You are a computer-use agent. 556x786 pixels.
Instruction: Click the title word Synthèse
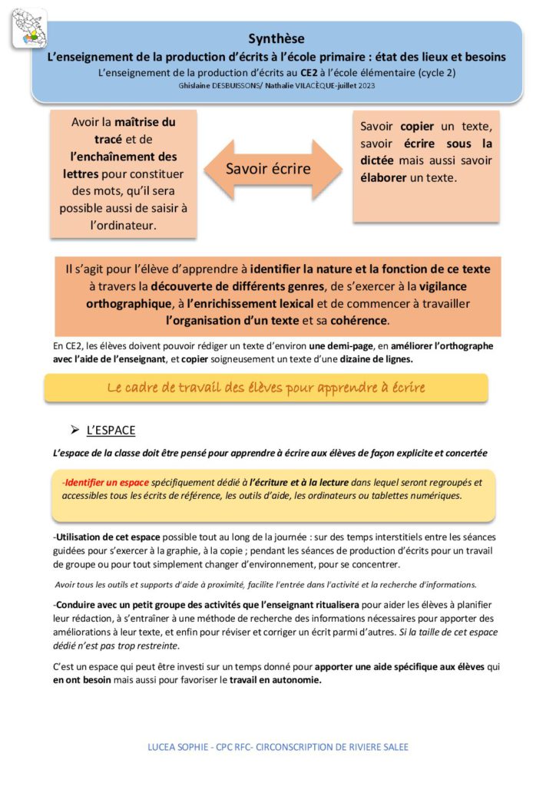click(x=276, y=38)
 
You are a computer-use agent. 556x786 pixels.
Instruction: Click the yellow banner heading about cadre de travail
click(x=266, y=388)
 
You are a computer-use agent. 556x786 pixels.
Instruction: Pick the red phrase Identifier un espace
click(x=106, y=482)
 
